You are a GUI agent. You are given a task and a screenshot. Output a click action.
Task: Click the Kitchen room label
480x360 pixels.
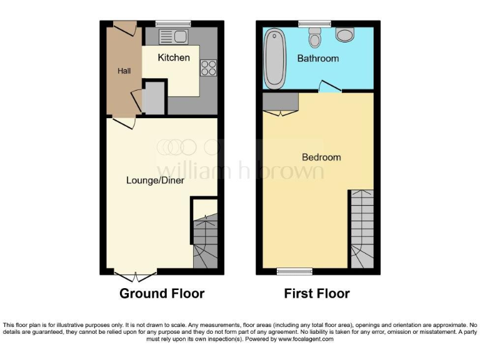173,57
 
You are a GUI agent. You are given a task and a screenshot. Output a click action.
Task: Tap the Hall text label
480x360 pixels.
124,71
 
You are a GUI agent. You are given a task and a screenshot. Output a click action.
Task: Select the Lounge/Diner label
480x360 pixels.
155,180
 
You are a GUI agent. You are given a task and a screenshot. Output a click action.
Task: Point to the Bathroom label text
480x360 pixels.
317,58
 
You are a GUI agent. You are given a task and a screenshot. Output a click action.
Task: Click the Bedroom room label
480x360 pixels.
321,157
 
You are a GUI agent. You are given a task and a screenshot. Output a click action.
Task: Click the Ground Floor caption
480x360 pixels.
162,293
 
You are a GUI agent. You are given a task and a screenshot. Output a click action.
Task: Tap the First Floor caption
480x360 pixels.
317,293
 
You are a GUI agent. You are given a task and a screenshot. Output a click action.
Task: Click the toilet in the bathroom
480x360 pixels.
316,39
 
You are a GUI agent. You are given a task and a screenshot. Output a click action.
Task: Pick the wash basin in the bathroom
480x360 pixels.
344,34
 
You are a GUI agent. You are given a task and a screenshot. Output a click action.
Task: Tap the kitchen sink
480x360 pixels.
173,37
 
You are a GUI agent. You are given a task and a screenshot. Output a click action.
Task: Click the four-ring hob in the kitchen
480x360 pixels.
208,67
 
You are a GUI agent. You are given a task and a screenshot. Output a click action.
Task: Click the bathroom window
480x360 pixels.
314,24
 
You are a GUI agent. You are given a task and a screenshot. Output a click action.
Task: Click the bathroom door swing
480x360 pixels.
329,87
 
